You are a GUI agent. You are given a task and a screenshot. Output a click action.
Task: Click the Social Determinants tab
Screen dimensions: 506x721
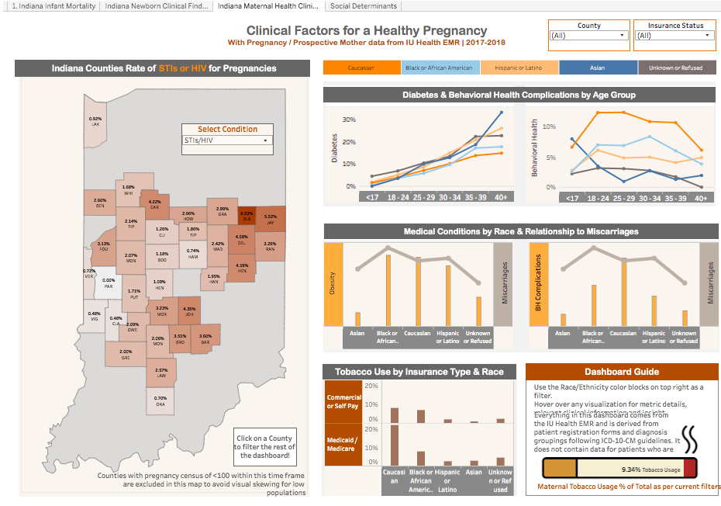tap(364, 6)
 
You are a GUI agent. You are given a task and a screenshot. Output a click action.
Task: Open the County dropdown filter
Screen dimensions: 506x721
tap(588, 36)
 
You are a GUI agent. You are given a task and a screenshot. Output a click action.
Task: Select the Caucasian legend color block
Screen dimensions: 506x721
tap(361, 68)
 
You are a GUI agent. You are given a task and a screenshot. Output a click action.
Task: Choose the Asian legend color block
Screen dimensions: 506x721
tap(597, 68)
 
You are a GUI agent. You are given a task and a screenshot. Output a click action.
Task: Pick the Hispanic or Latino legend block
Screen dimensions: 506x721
tap(518, 68)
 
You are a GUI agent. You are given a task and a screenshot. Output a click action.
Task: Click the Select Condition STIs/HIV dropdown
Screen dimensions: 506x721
tap(227, 140)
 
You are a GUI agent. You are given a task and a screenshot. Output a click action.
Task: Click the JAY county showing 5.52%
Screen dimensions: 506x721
tap(271, 220)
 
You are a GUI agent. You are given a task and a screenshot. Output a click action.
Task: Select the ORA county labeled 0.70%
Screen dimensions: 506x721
tap(160, 401)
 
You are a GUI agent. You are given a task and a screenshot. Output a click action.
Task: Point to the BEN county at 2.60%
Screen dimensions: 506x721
tap(100, 203)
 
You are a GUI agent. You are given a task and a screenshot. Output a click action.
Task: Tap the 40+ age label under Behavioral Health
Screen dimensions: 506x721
tap(700, 198)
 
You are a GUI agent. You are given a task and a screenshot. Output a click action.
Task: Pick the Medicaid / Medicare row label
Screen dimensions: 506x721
tap(343, 443)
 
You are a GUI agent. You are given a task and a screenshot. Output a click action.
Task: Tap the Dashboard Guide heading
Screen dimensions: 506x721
tap(622, 372)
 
